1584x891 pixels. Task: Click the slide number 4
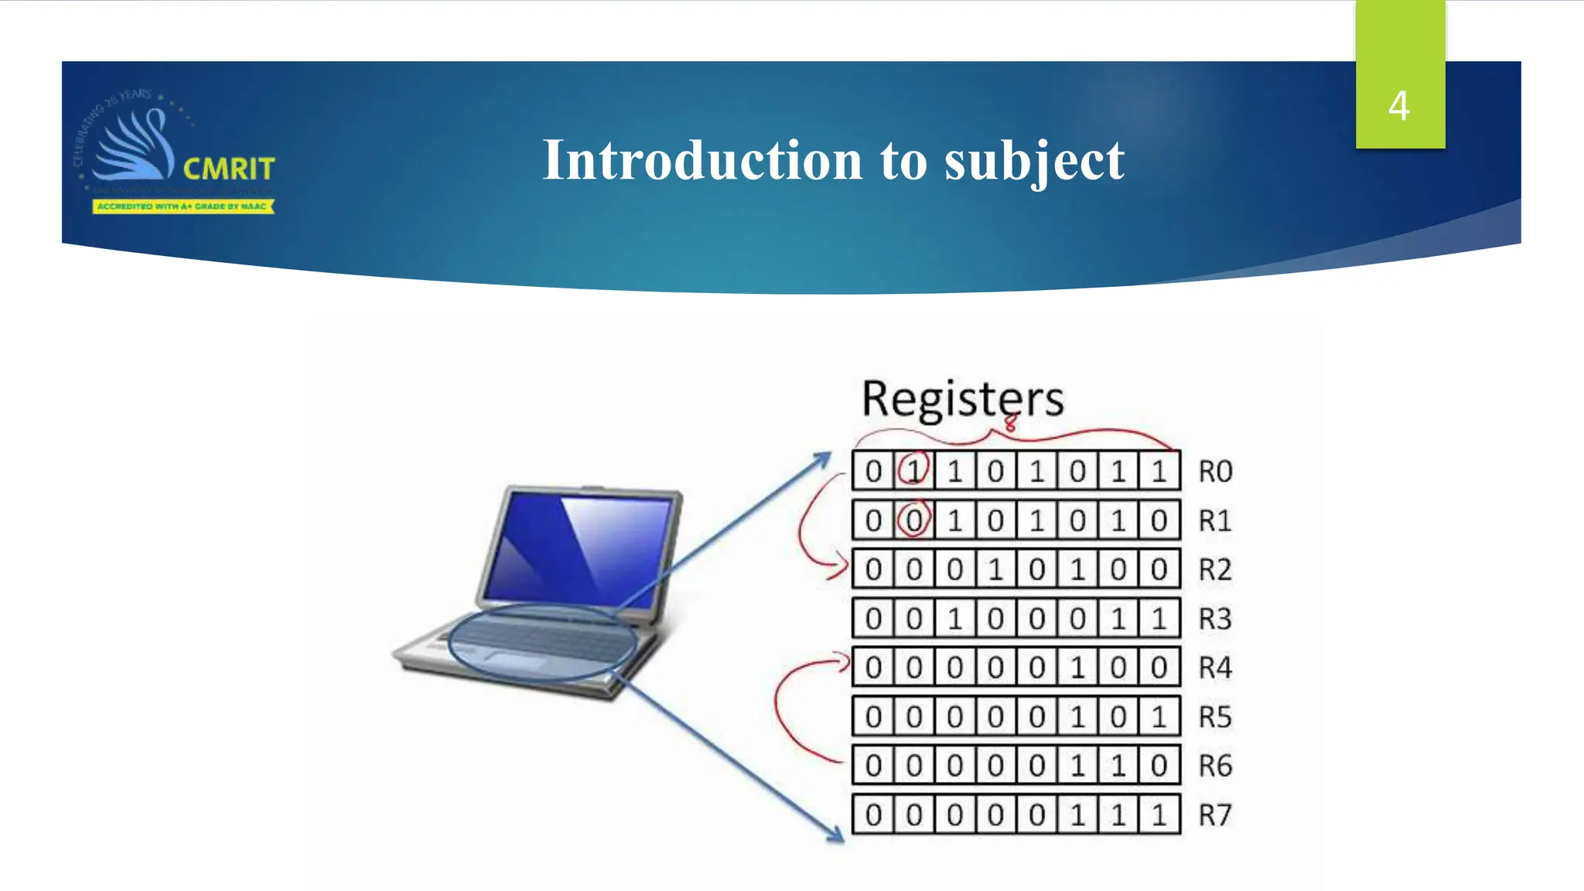coord(1398,106)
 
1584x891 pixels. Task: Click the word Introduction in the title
coord(702,160)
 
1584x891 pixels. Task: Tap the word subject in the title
coord(1034,162)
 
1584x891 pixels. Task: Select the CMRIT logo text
coord(229,169)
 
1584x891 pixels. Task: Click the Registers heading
coord(962,399)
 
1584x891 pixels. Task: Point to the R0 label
coord(1215,471)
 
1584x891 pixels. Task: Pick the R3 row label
coord(1215,619)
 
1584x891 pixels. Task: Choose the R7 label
coord(1215,815)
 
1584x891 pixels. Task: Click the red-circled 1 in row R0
coord(913,470)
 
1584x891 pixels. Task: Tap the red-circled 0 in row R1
coord(913,520)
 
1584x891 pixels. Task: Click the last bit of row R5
coord(1159,717)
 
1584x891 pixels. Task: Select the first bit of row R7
coord(873,815)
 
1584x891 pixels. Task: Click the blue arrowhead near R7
coord(835,835)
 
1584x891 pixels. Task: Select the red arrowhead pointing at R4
coord(842,662)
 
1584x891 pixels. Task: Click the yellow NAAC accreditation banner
coord(183,207)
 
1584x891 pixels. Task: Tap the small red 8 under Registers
coord(1010,423)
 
